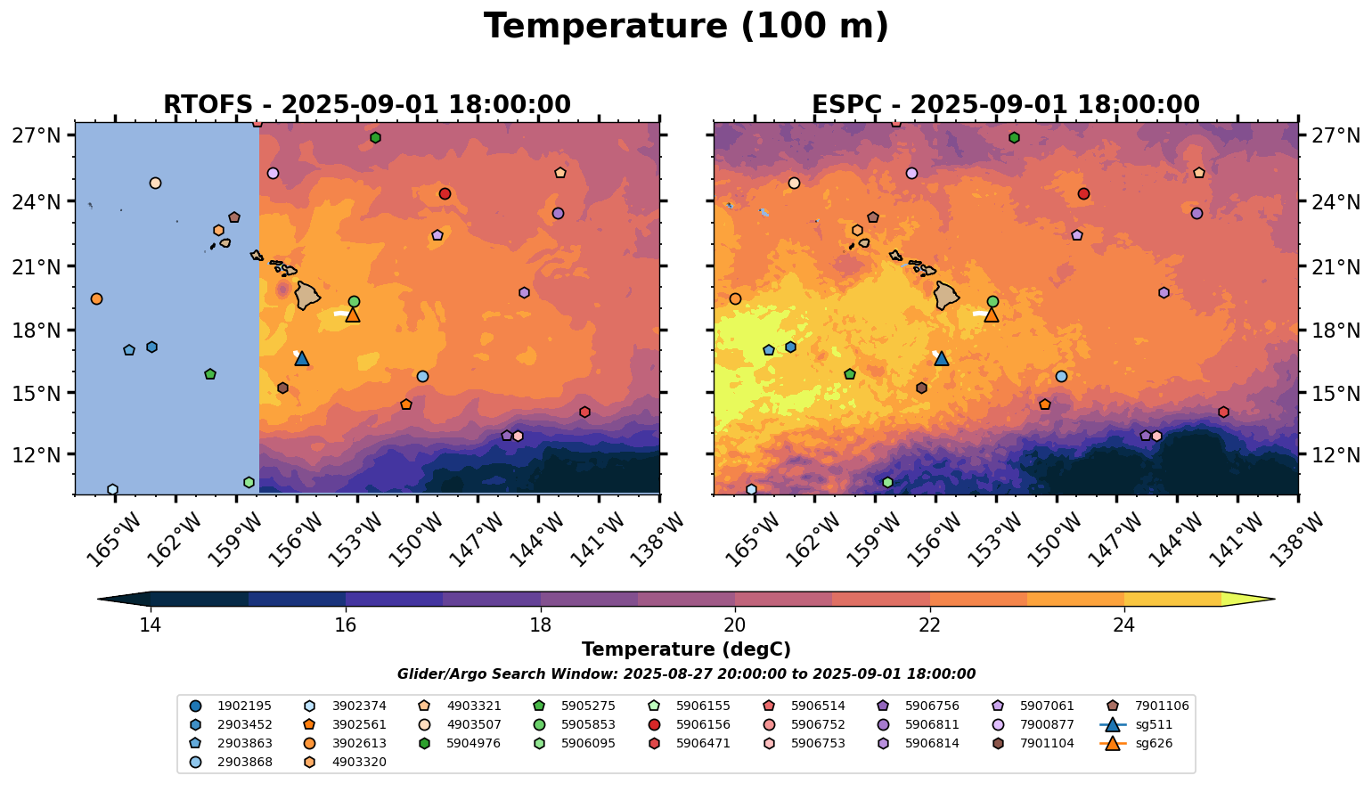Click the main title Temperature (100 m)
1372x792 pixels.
686,27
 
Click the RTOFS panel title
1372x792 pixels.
366,105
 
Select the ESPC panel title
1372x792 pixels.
1006,105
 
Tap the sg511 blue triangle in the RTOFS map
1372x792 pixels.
302,358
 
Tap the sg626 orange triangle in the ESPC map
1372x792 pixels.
991,314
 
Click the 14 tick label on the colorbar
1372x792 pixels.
150,625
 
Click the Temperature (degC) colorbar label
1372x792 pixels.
686,649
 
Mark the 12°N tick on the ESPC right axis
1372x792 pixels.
1335,455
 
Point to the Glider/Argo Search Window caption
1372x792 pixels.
686,674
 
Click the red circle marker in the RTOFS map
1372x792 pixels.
445,193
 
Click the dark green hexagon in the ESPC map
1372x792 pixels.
1014,137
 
